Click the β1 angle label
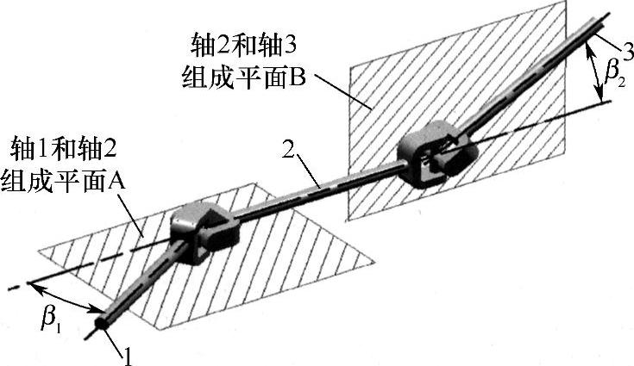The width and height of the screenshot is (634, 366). (52, 319)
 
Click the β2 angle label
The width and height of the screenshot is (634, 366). (614, 76)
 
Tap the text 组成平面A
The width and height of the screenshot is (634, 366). (66, 180)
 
